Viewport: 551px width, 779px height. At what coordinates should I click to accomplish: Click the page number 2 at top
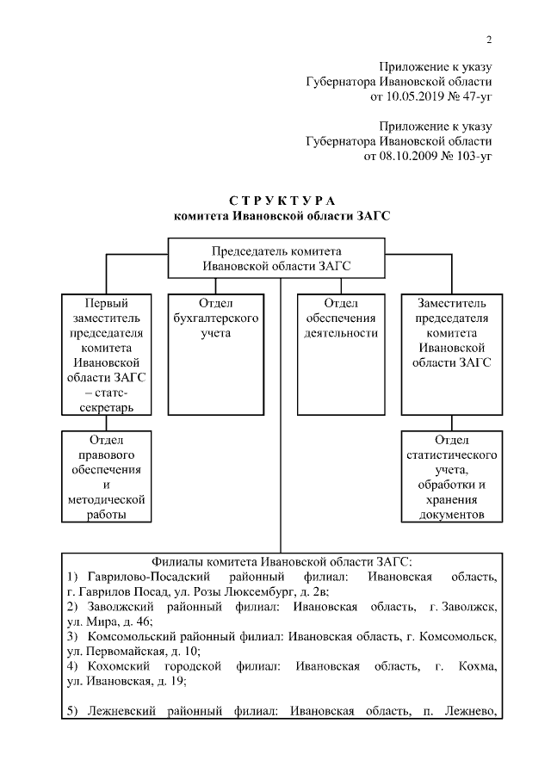pyautogui.click(x=489, y=40)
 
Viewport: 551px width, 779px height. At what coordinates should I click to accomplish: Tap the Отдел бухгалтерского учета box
pyautogui.click(x=215, y=354)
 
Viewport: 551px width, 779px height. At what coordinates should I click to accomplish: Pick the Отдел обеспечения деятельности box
pyautogui.click(x=341, y=354)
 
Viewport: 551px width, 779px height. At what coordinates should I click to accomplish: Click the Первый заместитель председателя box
pyautogui.click(x=105, y=354)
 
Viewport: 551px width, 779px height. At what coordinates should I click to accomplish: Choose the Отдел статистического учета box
pyautogui.click(x=454, y=476)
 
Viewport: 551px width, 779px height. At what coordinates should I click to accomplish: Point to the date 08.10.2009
pyautogui.click(x=417, y=157)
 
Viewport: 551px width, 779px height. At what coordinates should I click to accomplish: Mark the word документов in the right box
pyautogui.click(x=454, y=515)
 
